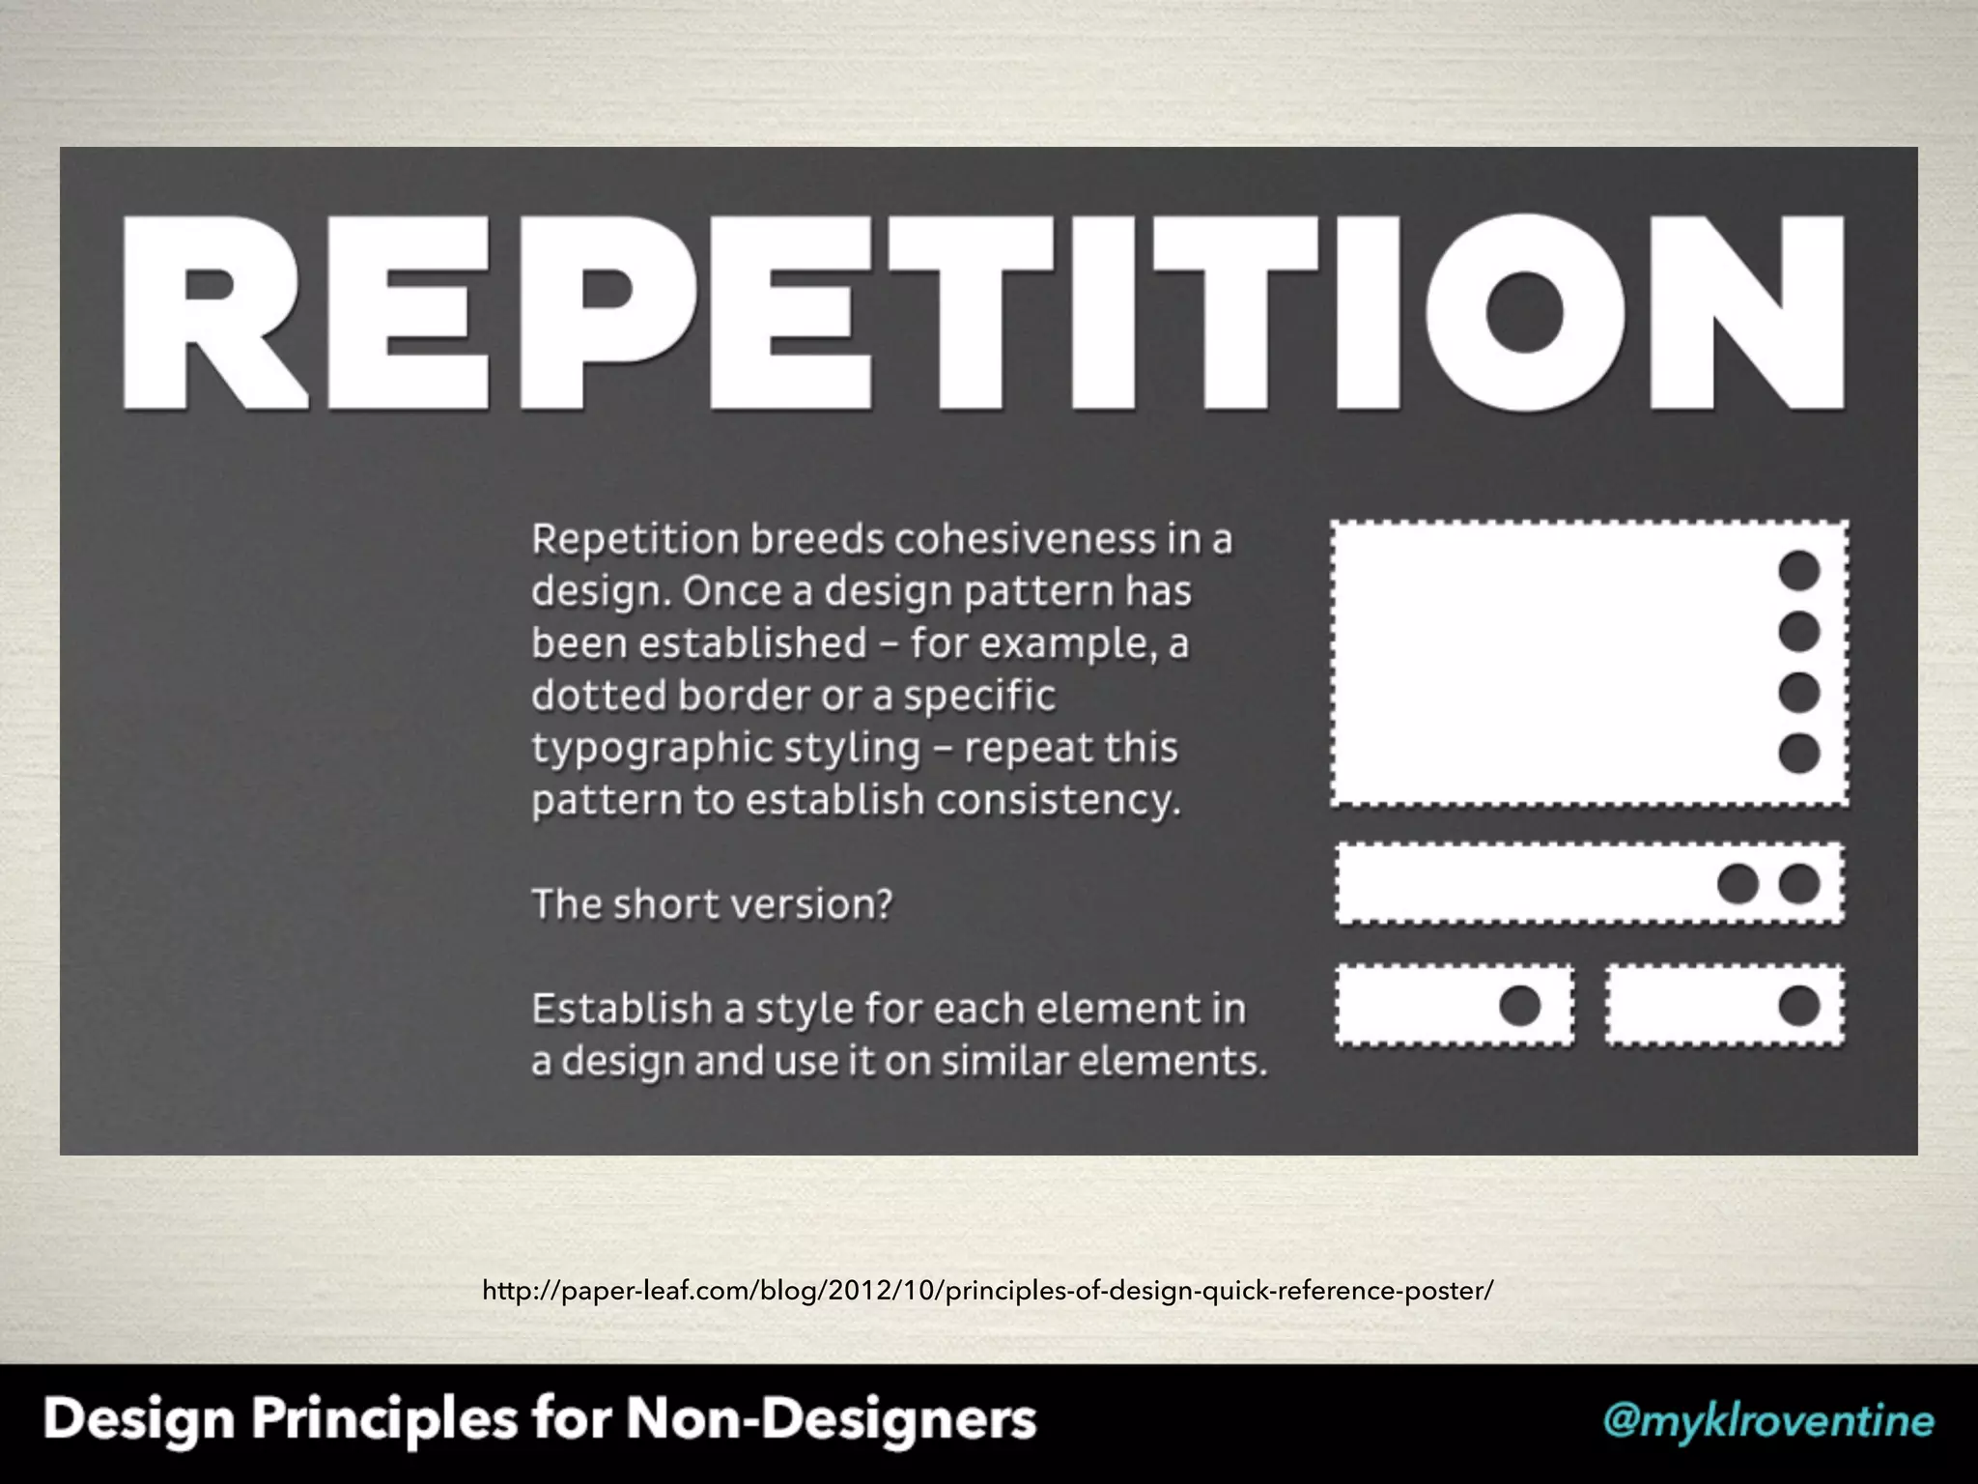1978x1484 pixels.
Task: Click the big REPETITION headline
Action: [983, 313]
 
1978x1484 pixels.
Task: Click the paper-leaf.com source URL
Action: [987, 1290]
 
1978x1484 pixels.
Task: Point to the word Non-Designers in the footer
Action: [831, 1420]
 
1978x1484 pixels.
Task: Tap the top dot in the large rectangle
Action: [1798, 571]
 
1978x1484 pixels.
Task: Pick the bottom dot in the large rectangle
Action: [1798, 754]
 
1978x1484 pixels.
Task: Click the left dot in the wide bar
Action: [1738, 884]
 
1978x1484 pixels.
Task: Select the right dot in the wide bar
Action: [1798, 884]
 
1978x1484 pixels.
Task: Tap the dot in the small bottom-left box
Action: [1519, 1006]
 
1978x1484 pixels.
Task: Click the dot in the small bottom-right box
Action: [1798, 1006]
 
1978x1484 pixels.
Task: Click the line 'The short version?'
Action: [712, 905]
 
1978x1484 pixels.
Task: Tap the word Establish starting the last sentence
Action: [621, 1010]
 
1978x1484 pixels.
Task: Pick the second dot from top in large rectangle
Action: [1798, 632]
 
